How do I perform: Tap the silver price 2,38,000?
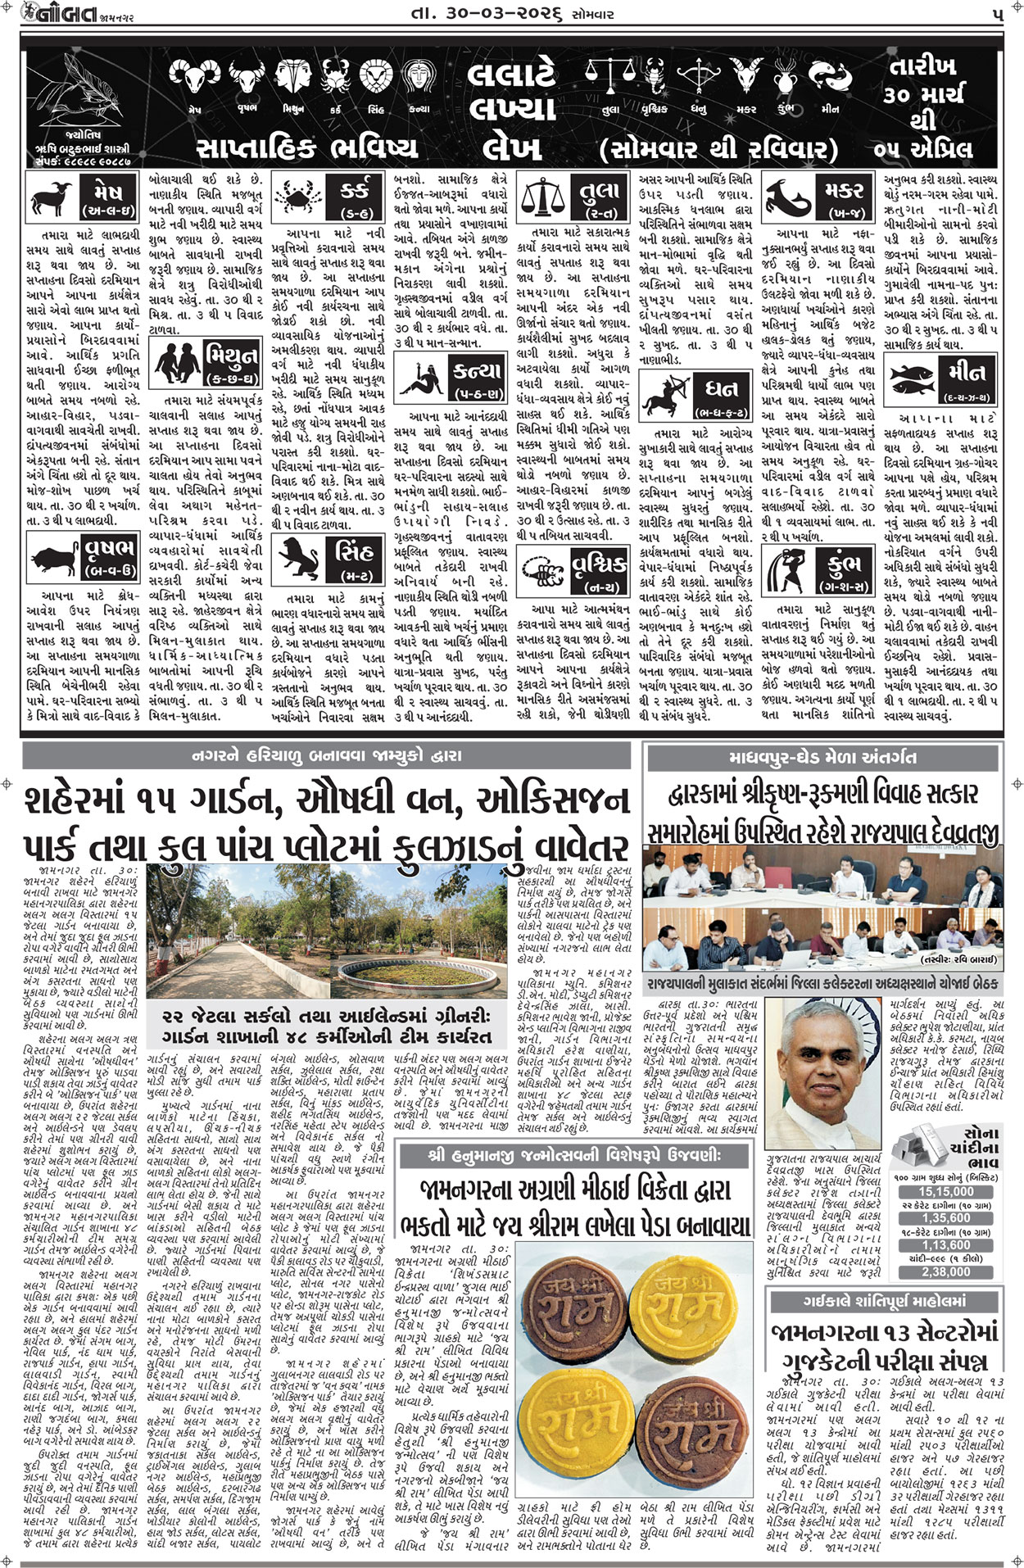click(x=946, y=1271)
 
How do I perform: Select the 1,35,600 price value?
click(x=946, y=1218)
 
